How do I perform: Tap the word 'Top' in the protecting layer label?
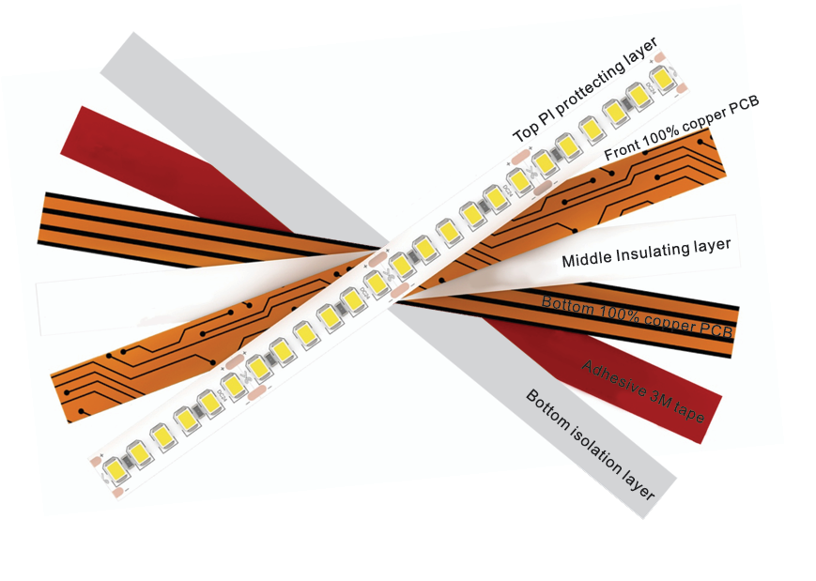523,133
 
